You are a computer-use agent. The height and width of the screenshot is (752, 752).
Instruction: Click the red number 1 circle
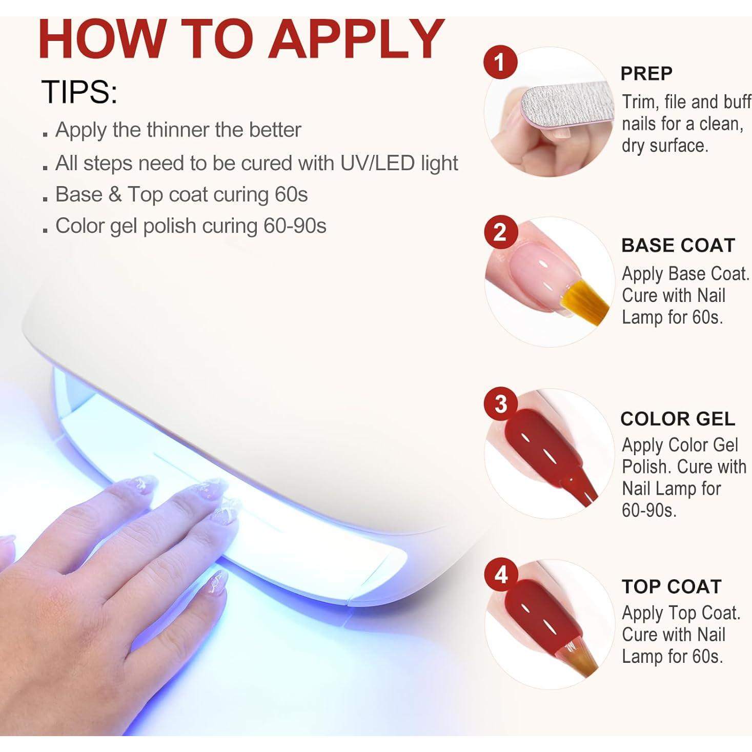(500, 63)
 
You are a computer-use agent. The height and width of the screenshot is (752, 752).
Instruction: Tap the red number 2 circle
(500, 233)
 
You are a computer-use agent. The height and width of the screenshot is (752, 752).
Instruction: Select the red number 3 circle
(501, 404)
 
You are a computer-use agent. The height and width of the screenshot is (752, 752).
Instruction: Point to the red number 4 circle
(501, 575)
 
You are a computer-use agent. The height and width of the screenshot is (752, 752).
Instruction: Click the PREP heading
(646, 74)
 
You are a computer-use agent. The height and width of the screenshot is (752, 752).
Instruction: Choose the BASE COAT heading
(678, 246)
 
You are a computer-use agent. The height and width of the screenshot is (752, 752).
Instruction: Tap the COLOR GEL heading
(677, 419)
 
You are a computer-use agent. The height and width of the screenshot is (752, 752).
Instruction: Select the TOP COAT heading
(671, 586)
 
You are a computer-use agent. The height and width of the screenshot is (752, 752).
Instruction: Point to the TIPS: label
(79, 92)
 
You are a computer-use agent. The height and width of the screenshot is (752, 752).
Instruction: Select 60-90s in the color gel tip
(295, 226)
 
